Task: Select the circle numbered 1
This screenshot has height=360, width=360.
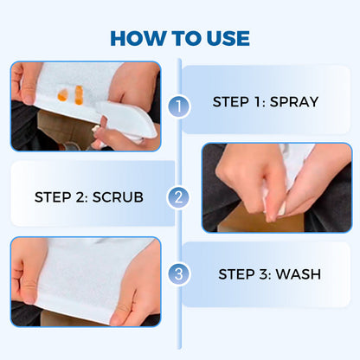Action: pyautogui.click(x=179, y=107)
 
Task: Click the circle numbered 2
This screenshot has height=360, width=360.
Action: pyautogui.click(x=179, y=196)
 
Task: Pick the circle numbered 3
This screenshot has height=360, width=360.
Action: pyautogui.click(x=179, y=275)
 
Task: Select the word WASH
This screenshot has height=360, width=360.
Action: pyautogui.click(x=295, y=275)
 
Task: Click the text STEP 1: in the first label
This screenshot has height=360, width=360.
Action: pyautogui.click(x=236, y=102)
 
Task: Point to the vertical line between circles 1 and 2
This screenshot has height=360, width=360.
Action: pyautogui.click(x=179, y=151)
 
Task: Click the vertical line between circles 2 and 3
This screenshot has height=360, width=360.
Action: pyautogui.click(x=179, y=235)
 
